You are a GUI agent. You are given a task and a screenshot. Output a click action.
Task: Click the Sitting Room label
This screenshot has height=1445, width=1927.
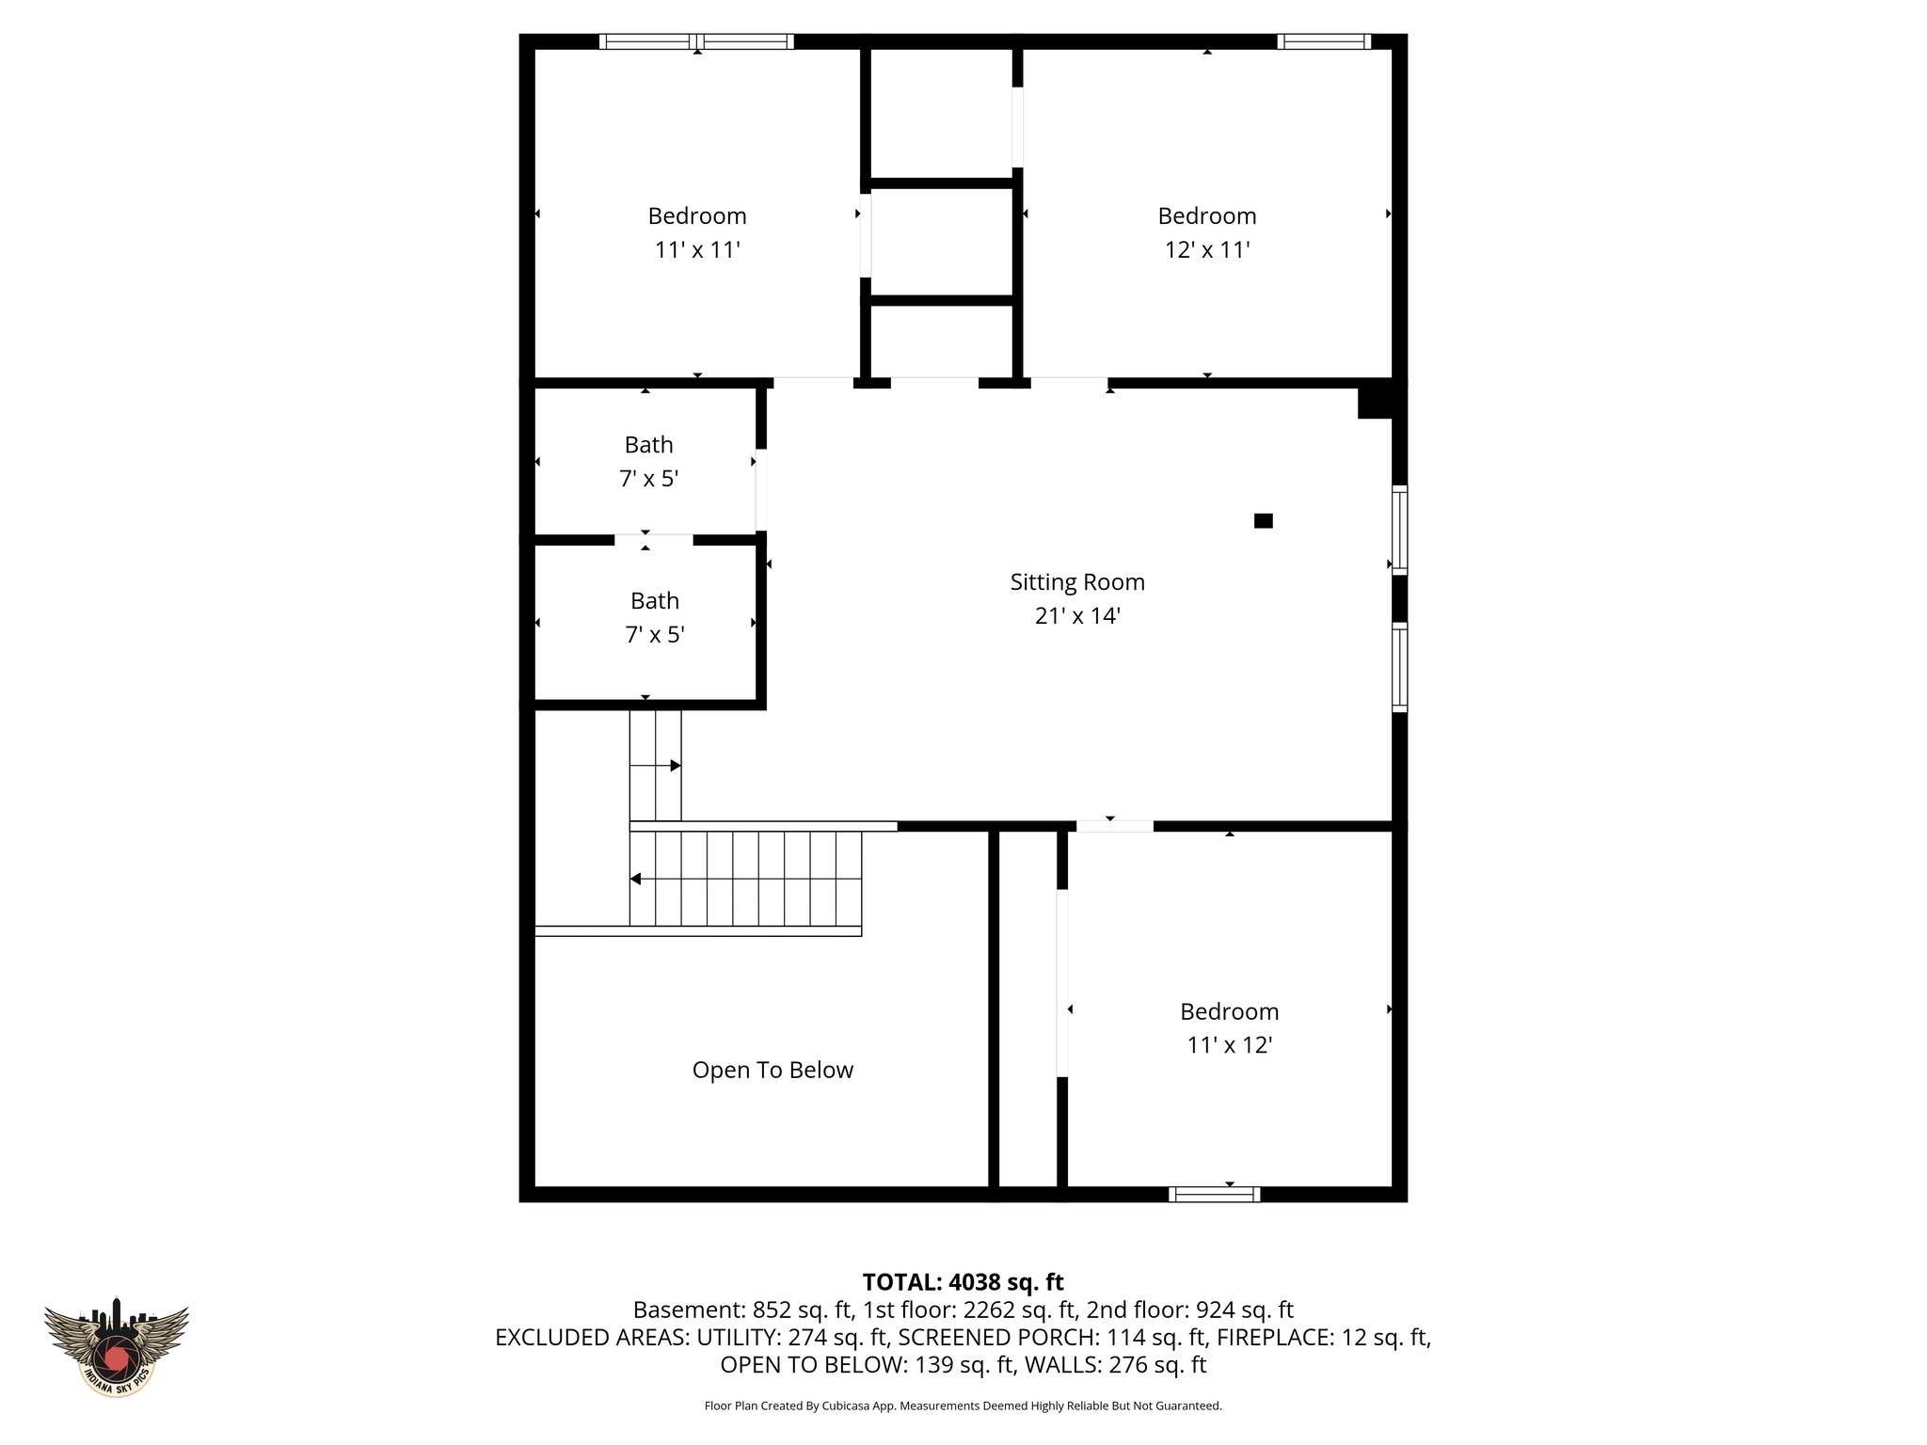click(1077, 582)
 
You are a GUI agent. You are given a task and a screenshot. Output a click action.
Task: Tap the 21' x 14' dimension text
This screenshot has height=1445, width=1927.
click(1077, 616)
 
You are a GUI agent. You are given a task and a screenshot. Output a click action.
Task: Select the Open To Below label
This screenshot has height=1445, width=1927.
click(772, 1071)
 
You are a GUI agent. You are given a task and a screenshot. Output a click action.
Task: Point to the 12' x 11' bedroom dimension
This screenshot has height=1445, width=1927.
click(1207, 250)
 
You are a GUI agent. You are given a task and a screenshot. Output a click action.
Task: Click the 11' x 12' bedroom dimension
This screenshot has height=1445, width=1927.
click(1230, 1045)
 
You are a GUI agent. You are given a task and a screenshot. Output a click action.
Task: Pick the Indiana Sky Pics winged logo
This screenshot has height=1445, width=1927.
click(117, 1347)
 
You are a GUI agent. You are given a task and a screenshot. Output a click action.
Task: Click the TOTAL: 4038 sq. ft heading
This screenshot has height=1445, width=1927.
click(963, 1282)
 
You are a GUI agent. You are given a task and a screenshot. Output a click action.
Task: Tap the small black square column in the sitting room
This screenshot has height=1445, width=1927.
click(1264, 520)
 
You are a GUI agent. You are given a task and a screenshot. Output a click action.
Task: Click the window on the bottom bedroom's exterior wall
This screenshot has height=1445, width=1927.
click(1214, 1194)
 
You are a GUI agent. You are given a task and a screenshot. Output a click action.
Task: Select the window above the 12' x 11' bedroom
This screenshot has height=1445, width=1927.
click(1324, 41)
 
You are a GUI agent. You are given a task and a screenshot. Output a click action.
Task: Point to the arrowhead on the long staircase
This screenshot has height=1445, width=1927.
click(636, 879)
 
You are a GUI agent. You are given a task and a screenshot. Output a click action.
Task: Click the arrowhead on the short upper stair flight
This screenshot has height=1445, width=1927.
click(675, 766)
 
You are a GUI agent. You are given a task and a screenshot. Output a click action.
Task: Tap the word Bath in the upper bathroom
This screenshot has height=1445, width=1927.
click(649, 445)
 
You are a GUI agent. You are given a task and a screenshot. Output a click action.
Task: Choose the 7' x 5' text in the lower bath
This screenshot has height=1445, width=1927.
click(655, 635)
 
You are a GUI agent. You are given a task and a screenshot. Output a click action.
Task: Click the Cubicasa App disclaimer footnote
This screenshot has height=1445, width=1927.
click(963, 1405)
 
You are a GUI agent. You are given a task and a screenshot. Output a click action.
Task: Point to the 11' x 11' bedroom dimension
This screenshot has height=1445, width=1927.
click(697, 250)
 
